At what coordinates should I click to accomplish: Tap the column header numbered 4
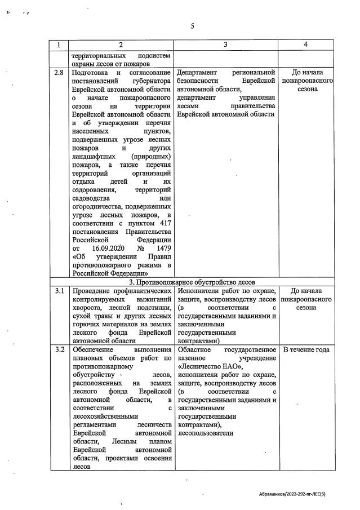[x=306, y=45]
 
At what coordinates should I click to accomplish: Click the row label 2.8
[x=59, y=73]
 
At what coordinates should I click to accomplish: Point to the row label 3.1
[x=59, y=291]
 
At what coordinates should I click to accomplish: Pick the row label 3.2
[x=59, y=350]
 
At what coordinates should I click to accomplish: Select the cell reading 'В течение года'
[x=306, y=350]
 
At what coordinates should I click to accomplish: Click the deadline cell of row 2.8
[x=306, y=81]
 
